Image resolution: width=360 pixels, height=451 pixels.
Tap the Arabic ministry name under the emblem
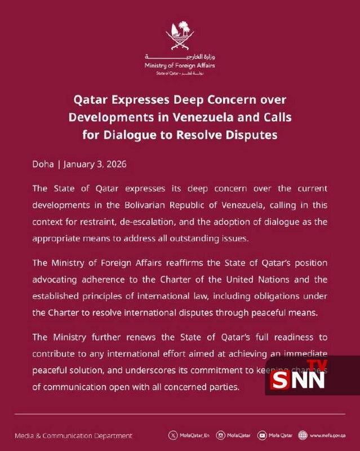coord(180,58)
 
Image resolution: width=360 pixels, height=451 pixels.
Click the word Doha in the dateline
coord(43,165)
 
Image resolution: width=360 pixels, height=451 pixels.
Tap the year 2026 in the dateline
coord(114,165)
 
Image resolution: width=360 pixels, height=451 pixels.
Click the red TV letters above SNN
coord(319,365)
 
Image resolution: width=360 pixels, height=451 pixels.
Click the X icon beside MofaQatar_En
coord(172,435)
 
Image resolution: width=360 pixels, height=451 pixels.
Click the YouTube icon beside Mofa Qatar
coord(262,435)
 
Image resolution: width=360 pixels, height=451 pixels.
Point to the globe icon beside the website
coord(303,435)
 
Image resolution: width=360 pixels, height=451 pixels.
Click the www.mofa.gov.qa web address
coord(329,435)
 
